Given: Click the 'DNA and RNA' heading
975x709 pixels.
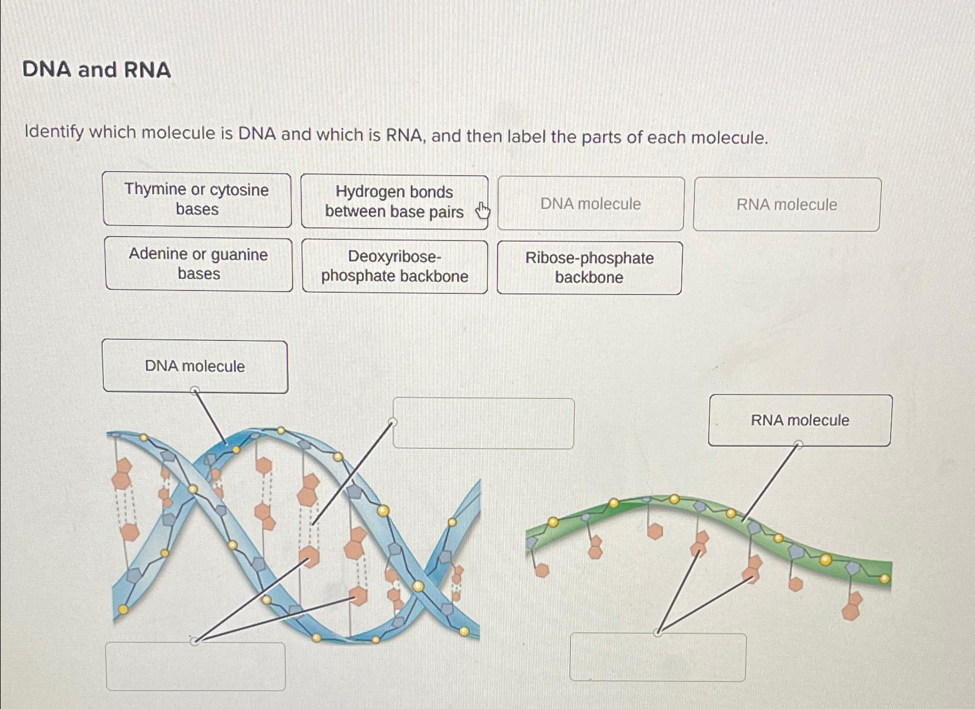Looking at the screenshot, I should tap(96, 69).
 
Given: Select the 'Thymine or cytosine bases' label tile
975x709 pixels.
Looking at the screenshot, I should tap(197, 199).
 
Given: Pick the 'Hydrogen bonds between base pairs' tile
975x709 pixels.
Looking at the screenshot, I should tap(394, 202).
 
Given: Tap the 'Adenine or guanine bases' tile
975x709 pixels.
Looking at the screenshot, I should tap(199, 264).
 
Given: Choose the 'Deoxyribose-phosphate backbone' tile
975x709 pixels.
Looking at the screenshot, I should tap(395, 266).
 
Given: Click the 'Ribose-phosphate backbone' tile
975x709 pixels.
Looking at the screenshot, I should tap(589, 268).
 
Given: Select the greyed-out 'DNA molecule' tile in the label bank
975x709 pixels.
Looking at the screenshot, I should tap(591, 204).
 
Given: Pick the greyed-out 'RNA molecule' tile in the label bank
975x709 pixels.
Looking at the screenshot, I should tap(787, 204).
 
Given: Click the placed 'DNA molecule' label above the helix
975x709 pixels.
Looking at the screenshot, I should tap(195, 366).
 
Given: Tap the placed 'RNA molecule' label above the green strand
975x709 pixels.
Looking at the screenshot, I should tap(800, 420).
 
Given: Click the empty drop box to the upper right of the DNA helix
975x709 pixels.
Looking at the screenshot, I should tap(483, 424).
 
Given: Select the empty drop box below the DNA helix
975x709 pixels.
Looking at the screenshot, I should tap(196, 667).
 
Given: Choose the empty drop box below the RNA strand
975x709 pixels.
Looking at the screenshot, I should tap(658, 658).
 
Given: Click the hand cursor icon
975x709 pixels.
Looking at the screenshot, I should tap(483, 211).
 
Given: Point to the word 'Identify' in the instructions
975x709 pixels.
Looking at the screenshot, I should tap(54, 132).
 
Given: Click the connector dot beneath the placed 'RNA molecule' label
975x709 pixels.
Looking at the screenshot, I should tap(798, 444).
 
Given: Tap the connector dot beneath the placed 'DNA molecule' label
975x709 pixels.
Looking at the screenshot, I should tap(195, 391).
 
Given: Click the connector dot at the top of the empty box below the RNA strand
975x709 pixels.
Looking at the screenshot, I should tap(658, 633).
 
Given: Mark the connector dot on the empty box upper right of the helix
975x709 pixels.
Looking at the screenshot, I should tap(393, 423).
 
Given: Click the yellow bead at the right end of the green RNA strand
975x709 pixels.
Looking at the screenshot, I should tap(884, 579).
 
